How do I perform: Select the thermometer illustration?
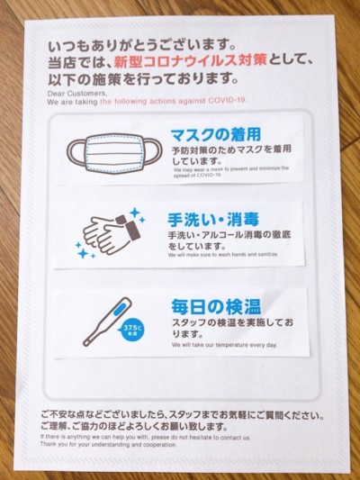tap(108, 322)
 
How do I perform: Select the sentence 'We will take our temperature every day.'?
tap(225, 345)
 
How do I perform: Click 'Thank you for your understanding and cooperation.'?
tap(109, 444)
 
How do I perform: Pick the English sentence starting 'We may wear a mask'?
tap(230, 170)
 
